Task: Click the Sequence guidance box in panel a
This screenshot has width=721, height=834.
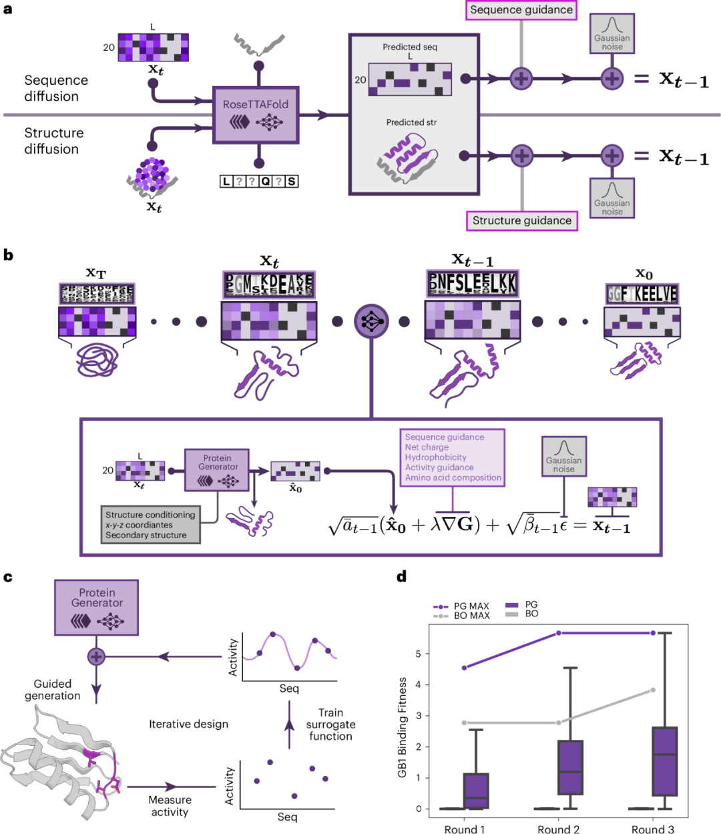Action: point(521,10)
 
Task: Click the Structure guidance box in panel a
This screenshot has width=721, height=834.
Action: point(521,220)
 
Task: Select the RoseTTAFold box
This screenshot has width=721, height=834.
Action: point(256,114)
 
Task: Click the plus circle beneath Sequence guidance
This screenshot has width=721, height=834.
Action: point(521,79)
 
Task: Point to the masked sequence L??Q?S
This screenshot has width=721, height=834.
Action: point(259,181)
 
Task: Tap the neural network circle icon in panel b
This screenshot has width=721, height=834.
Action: point(371,321)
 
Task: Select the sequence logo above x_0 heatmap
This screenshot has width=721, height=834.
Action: point(642,294)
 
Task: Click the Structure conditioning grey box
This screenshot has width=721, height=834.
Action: point(150,524)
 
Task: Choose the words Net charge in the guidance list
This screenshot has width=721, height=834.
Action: point(427,447)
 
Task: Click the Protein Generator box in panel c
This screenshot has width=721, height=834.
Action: point(97,606)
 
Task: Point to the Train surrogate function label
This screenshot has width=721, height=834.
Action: point(330,724)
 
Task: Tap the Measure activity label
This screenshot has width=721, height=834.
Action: point(170,806)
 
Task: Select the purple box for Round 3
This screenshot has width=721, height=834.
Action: point(664,761)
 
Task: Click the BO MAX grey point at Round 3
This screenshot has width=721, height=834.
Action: point(653,690)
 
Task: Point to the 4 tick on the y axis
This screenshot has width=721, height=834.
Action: point(419,684)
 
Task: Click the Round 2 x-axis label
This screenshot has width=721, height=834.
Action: point(558,829)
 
